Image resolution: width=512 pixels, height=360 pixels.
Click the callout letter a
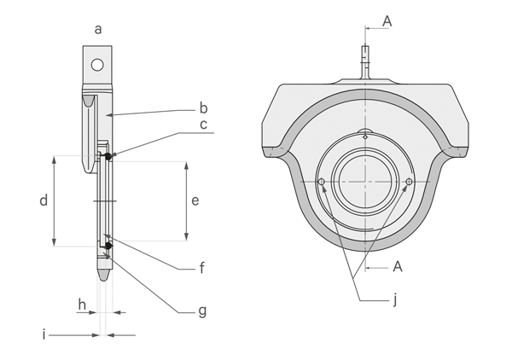[x=98, y=29]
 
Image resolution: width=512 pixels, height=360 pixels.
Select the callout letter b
[x=203, y=108]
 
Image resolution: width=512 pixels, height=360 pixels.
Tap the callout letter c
[x=203, y=125]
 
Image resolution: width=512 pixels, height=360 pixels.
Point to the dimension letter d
[x=43, y=201]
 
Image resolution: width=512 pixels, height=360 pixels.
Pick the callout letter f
[x=202, y=268]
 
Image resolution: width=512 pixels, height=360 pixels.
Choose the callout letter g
[x=202, y=311]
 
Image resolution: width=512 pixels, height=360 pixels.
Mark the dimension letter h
[x=82, y=304]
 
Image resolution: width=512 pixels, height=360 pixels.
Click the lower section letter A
[x=397, y=267]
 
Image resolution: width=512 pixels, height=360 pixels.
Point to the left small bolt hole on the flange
[x=322, y=182]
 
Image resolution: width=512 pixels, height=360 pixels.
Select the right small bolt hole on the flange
[x=410, y=182]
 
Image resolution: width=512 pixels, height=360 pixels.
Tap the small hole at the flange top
[x=364, y=134]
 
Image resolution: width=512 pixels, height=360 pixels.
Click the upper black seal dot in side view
[x=108, y=156]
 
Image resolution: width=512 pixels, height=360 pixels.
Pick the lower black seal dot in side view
[x=108, y=247]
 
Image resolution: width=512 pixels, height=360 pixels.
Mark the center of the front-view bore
[x=365, y=182]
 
